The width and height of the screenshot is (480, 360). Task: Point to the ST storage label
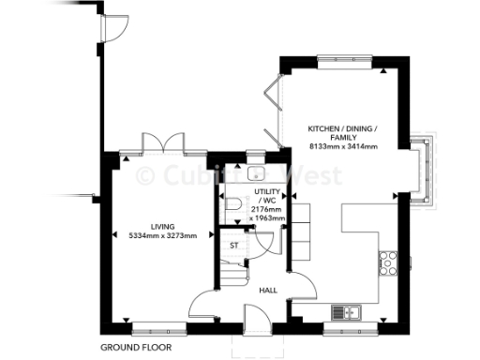(234, 246)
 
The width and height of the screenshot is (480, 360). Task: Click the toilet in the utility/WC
(232, 204)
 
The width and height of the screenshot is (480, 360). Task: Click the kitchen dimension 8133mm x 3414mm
(343, 146)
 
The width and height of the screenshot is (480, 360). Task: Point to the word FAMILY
(343, 137)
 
